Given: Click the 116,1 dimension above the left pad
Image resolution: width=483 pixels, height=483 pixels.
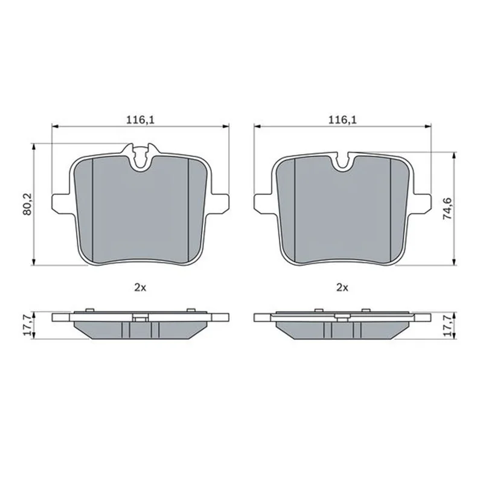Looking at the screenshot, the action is point(140,120).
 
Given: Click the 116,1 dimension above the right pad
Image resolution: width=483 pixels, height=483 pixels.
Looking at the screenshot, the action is point(342,120).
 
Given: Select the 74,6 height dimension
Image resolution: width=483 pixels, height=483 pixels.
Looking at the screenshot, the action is point(447,208).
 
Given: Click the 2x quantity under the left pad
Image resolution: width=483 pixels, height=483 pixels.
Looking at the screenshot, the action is point(140,288).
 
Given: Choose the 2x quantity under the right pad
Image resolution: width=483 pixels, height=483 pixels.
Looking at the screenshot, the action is point(342,288).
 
